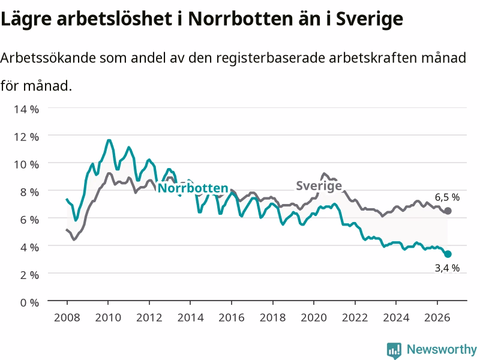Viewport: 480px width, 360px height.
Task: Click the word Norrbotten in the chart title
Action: click(x=241, y=19)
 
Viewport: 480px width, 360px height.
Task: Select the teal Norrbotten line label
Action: click(x=193, y=188)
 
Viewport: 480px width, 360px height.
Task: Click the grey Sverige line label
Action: click(x=319, y=186)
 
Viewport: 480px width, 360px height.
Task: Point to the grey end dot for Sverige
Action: click(x=448, y=211)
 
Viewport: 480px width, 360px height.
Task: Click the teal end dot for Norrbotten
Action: click(x=448, y=254)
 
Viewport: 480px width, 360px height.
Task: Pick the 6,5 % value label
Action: click(x=447, y=197)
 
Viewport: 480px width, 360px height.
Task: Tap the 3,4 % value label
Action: click(x=447, y=268)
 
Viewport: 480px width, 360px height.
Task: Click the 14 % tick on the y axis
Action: click(x=26, y=109)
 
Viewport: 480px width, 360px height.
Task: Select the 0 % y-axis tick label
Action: click(x=29, y=302)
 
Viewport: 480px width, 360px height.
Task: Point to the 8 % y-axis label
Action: click(x=29, y=192)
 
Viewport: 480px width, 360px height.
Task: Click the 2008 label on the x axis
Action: click(x=67, y=317)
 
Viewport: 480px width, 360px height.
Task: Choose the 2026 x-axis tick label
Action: click(x=437, y=317)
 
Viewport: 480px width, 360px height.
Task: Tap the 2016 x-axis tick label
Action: click(x=232, y=317)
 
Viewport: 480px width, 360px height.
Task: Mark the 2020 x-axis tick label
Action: click(x=314, y=317)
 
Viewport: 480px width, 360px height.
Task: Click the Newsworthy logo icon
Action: click(x=394, y=350)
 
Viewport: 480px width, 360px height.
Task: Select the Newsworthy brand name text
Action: click(x=442, y=349)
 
